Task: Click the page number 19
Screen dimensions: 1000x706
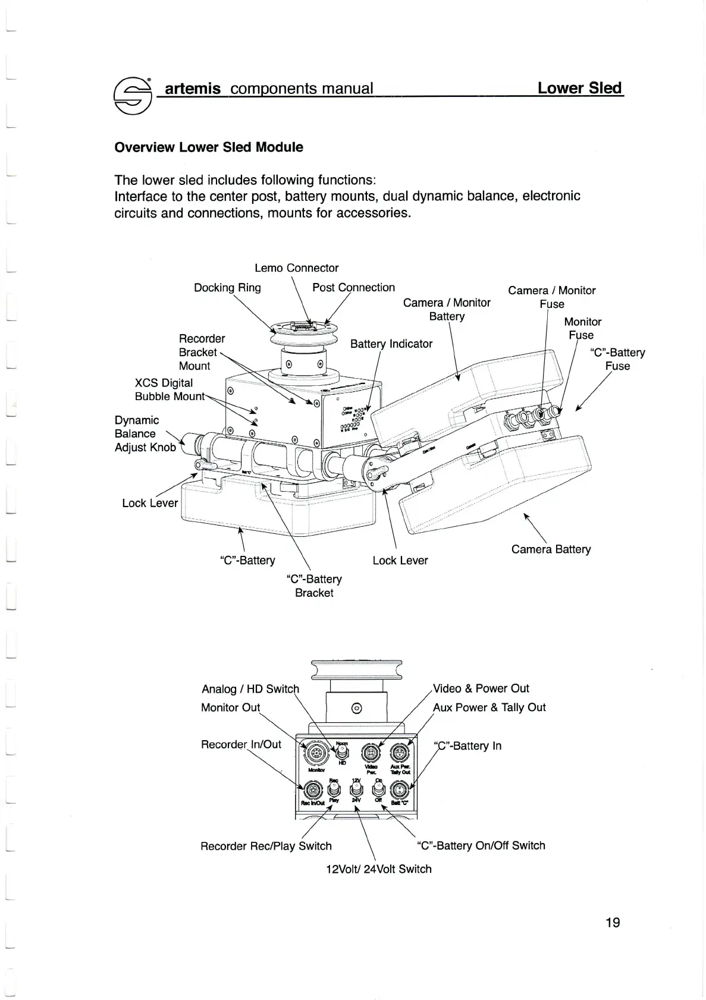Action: point(613,922)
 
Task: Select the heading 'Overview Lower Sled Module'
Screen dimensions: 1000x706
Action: point(208,147)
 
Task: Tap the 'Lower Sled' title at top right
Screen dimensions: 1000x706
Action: point(579,89)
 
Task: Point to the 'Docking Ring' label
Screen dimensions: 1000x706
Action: point(227,288)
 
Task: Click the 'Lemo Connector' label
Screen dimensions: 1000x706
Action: point(296,268)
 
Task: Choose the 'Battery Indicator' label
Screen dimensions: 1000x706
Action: point(391,344)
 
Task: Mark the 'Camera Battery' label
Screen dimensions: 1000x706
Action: point(551,549)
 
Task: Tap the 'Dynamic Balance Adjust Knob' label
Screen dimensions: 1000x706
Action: point(145,434)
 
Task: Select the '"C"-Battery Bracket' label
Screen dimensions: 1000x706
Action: point(314,586)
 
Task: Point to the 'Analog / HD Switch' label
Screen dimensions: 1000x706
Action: point(250,689)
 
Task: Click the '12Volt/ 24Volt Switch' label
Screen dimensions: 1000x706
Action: point(379,869)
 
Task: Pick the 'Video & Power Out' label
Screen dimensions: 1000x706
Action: point(481,688)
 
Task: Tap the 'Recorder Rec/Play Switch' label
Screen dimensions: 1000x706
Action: point(266,846)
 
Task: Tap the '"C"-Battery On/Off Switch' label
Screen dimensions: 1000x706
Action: point(481,845)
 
